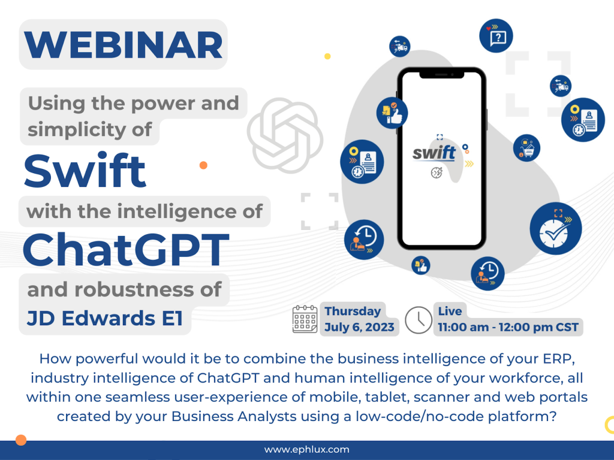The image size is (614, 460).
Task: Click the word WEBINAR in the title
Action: [124, 44]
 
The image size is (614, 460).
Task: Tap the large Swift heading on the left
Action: [85, 171]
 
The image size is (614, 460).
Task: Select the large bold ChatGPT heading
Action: [126, 249]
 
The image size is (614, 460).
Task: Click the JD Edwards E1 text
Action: [105, 318]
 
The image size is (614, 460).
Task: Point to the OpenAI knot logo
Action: [285, 135]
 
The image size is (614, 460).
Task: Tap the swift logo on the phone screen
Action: [434, 153]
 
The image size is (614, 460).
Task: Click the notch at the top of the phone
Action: [442, 74]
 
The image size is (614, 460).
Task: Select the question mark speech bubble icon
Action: [496, 35]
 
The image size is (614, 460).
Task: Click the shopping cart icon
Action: [526, 149]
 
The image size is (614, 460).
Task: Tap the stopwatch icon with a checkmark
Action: [556, 228]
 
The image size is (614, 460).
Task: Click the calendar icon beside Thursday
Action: [305, 319]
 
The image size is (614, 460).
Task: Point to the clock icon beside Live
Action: [418, 320]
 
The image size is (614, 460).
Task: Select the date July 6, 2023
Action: [359, 327]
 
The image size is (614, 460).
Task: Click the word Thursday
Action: [353, 311]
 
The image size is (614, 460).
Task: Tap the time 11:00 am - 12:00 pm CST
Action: [508, 327]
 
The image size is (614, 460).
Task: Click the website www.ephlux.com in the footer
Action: [306, 449]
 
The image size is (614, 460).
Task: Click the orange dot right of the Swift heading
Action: [203, 165]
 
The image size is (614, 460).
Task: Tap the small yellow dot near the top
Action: [327, 56]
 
